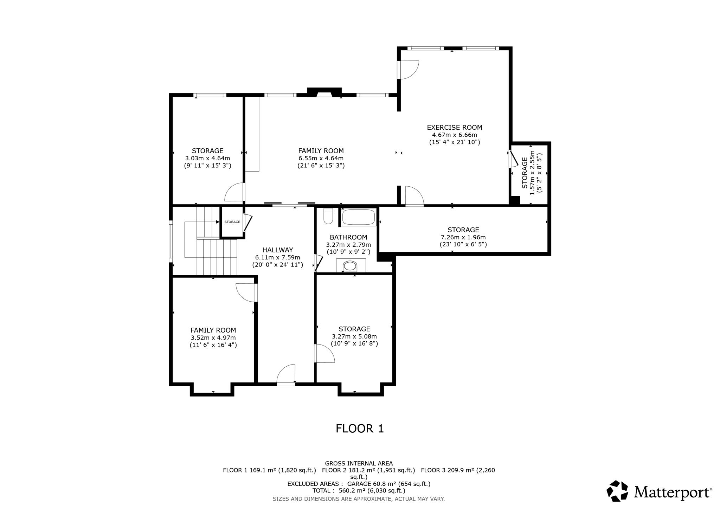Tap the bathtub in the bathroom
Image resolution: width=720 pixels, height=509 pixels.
[x=358, y=217]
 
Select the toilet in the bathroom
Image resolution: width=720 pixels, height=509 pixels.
[x=328, y=216]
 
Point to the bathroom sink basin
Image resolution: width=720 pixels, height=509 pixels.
[x=350, y=266]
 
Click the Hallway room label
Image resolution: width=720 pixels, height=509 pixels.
[x=277, y=250]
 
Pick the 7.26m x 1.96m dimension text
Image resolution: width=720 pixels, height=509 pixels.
[x=463, y=237]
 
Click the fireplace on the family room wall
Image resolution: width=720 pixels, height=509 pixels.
[x=324, y=92]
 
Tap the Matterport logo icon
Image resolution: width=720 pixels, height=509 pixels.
[x=617, y=491]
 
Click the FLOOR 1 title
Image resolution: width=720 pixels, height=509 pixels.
[x=360, y=429]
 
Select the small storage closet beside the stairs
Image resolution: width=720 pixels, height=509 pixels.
[x=232, y=222]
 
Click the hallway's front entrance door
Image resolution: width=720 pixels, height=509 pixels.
[x=286, y=375]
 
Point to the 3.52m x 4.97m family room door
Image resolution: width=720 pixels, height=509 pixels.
[x=247, y=292]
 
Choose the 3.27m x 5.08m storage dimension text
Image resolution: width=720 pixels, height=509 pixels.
[x=354, y=336]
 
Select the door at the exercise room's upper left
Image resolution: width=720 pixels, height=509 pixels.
[x=408, y=70]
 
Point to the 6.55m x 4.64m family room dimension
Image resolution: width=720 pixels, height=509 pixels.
[x=321, y=159]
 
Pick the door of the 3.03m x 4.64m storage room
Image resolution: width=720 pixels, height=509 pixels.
[x=235, y=192]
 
